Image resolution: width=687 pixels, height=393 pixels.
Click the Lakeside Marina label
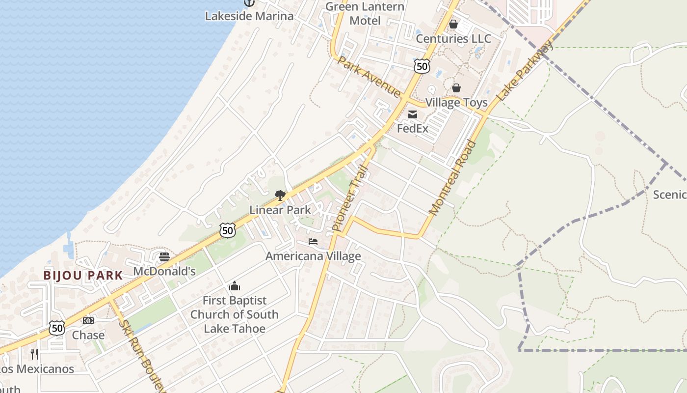click(x=249, y=16)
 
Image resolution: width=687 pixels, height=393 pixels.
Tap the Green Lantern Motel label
click(x=365, y=14)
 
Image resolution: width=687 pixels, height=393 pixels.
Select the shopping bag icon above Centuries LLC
click(x=453, y=24)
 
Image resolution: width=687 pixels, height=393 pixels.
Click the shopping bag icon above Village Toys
click(x=456, y=88)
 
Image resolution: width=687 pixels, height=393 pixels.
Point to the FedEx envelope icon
click(x=413, y=114)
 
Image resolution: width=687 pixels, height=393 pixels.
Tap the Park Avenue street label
click(x=369, y=76)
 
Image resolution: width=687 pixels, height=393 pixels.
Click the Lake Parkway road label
click(x=525, y=71)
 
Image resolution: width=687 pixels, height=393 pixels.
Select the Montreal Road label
click(x=452, y=178)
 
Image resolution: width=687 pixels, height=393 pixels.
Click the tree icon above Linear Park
click(x=280, y=196)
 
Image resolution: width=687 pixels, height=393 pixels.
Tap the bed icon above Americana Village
click(x=313, y=242)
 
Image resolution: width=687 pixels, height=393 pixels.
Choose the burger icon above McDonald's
click(x=164, y=257)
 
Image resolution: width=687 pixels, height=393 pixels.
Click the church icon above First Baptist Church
click(x=235, y=286)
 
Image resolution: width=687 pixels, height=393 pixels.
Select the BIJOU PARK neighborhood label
click(x=83, y=275)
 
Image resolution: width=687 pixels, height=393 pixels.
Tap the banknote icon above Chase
click(x=88, y=321)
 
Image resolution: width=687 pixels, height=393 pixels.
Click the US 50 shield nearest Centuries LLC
click(x=422, y=66)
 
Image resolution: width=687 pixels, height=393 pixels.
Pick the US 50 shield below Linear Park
click(x=227, y=230)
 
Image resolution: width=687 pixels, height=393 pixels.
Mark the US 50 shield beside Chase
click(x=57, y=328)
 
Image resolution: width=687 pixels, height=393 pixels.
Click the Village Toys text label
click(x=456, y=102)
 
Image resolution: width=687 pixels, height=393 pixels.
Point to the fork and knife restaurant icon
click(x=34, y=354)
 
